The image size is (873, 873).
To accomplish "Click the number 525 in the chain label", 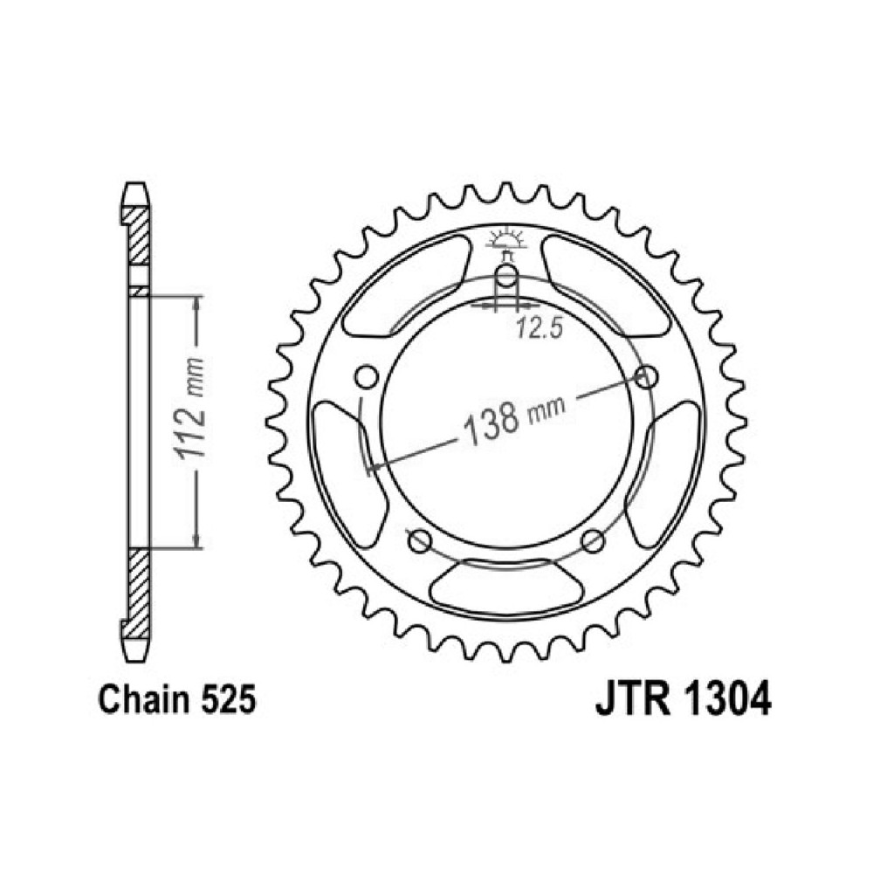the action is (228, 700).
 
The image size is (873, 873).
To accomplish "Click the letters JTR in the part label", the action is (632, 699).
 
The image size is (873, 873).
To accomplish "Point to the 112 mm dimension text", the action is (189, 408).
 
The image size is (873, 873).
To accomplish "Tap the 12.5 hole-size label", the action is (539, 328).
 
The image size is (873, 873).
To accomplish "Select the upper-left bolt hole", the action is (367, 377).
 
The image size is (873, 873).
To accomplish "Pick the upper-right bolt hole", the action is (646, 377).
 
